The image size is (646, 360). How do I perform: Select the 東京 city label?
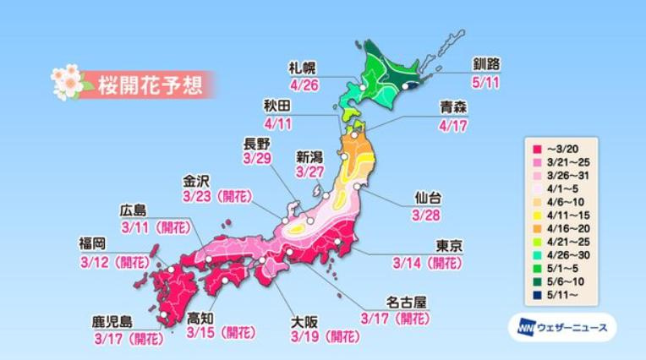pyautogui.click(x=450, y=245)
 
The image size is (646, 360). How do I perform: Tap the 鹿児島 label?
pyautogui.click(x=113, y=322)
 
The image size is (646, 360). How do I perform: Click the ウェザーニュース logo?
pyautogui.click(x=562, y=327)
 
